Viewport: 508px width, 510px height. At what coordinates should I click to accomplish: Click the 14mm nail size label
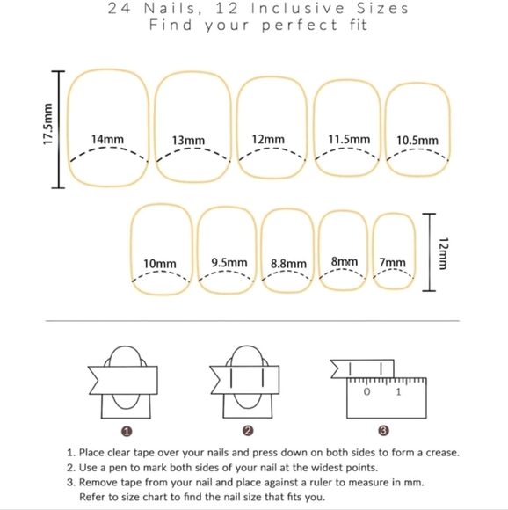point(107,139)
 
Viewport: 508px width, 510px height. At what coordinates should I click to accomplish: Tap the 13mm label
point(188,141)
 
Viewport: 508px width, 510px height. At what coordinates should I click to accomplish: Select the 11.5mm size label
point(349,139)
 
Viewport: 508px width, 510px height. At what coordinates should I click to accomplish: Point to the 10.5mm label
point(417,141)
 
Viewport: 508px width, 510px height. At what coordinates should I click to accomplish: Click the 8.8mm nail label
point(288,264)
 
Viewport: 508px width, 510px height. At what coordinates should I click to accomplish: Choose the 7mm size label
point(392,263)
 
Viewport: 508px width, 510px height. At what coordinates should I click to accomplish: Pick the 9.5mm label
point(229,262)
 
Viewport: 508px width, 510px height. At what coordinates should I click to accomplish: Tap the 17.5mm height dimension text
point(47,124)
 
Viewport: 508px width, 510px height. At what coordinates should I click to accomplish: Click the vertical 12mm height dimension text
point(443,253)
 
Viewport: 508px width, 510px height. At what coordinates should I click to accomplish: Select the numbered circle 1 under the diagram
point(127,432)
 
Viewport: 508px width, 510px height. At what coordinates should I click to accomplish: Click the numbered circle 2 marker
point(248,431)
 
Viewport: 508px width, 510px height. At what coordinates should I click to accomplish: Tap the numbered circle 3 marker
point(383,431)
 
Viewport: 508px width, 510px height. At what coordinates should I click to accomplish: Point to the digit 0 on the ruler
point(366,392)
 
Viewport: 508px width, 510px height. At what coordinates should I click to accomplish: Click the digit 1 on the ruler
point(398,392)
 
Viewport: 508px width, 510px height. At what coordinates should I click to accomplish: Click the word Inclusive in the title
point(297,9)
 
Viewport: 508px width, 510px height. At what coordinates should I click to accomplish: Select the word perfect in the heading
point(300,25)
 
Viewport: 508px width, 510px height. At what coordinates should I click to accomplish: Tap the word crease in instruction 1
point(442,453)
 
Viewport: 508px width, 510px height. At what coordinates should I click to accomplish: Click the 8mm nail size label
point(345,261)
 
